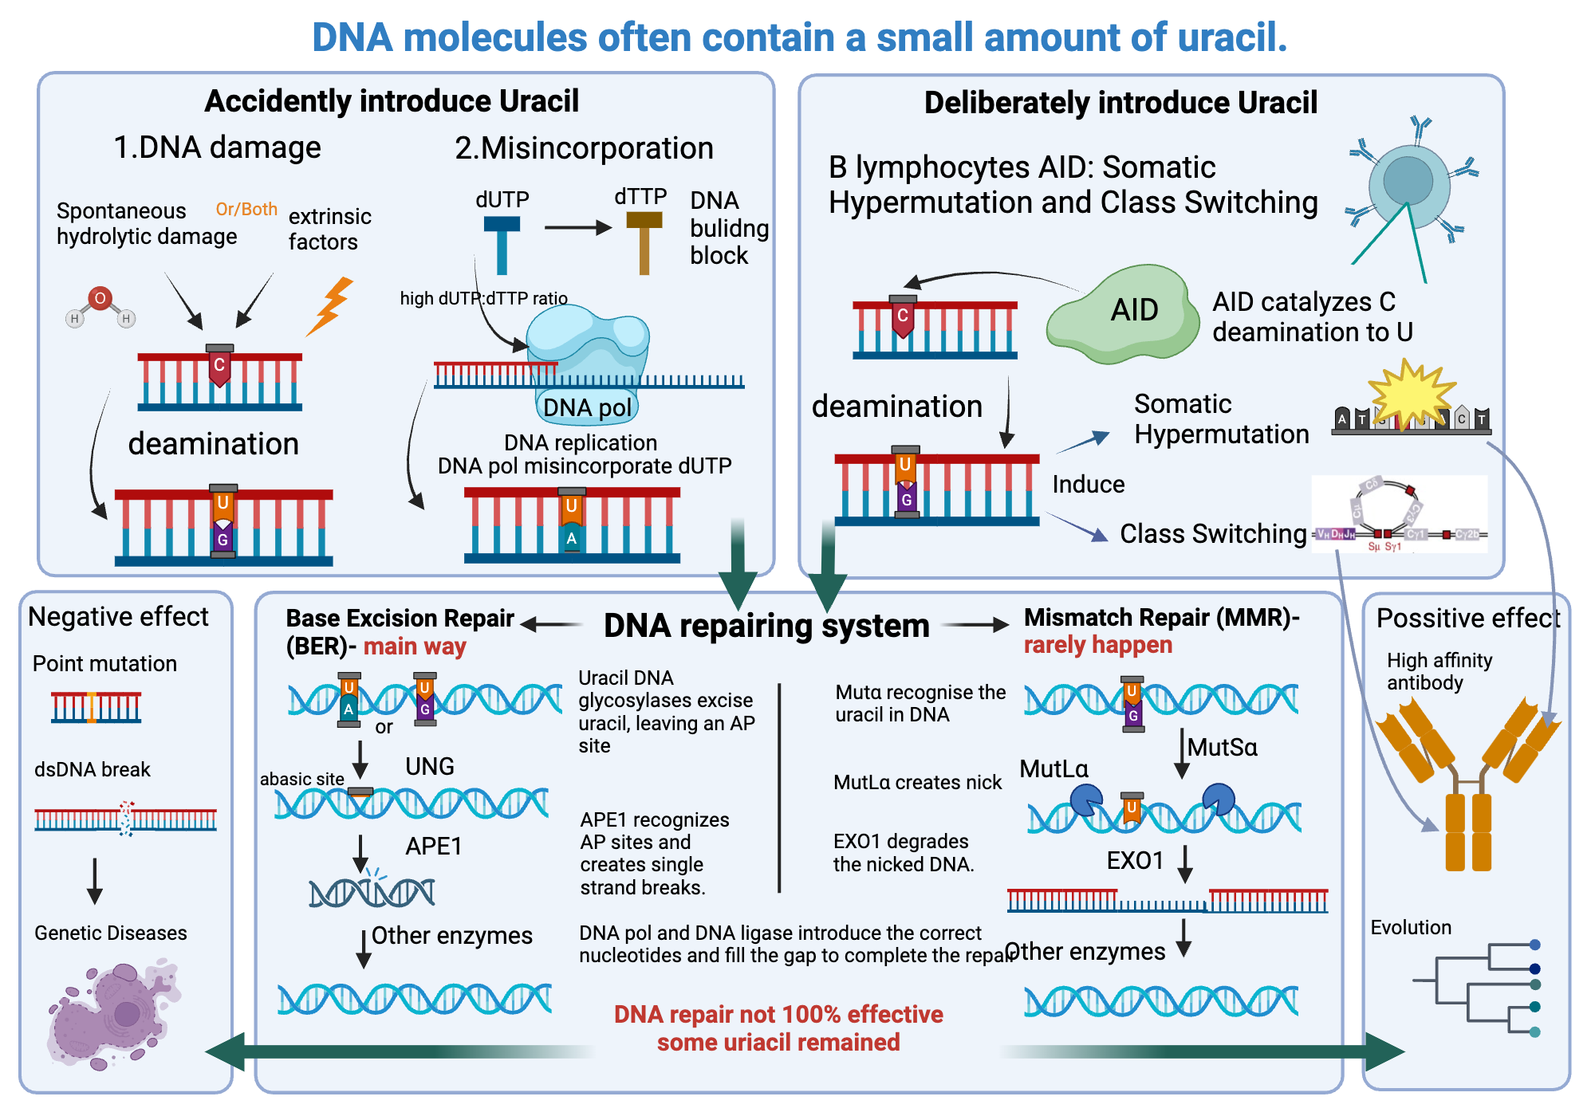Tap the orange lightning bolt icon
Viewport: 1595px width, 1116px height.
pos(331,305)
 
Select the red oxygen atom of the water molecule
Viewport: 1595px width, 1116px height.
pos(100,299)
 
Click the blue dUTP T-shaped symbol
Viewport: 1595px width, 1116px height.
pos(502,243)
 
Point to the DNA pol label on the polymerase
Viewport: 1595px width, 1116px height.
pos(587,407)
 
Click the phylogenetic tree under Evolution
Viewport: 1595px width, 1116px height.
pos(1475,988)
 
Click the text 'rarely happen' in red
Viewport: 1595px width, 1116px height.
pos(1097,645)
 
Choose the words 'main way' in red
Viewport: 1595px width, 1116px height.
pos(415,646)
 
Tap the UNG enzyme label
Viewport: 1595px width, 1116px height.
pos(429,766)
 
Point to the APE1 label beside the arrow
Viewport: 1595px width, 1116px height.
pos(433,846)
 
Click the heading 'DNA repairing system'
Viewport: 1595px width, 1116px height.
pos(766,626)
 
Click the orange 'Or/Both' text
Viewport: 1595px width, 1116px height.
pos(246,209)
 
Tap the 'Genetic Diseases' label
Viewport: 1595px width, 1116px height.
pos(111,933)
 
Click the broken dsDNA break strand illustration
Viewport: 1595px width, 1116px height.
pos(125,819)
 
